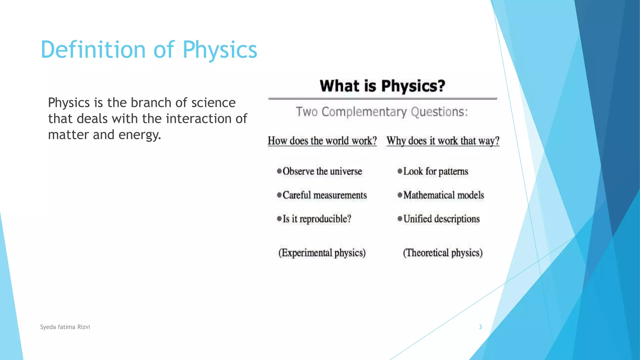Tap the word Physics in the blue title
click(220, 50)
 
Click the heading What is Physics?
click(382, 86)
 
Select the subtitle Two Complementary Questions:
click(382, 112)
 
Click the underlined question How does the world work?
click(322, 141)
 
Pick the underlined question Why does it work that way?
click(443, 141)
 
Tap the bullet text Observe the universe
click(322, 171)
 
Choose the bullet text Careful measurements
click(324, 195)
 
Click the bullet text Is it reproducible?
click(317, 219)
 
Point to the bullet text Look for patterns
click(436, 171)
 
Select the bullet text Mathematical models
click(443, 195)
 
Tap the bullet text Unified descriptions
click(441, 219)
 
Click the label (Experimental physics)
click(322, 253)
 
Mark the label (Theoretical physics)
click(442, 253)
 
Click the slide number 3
click(480, 327)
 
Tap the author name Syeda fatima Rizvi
click(65, 327)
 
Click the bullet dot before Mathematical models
click(400, 195)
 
